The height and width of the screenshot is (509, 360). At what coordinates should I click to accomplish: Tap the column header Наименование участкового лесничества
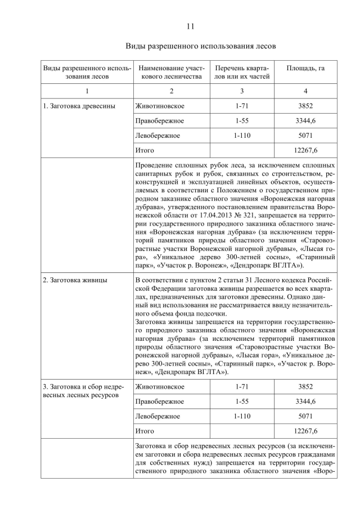coord(171,72)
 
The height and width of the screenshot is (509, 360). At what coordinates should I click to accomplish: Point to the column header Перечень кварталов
coord(242,72)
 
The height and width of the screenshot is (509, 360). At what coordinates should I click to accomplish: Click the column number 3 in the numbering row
coord(242,91)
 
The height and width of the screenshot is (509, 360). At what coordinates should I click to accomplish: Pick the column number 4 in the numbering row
coord(305,91)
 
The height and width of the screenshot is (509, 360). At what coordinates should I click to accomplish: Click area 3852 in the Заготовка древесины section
coord(305,106)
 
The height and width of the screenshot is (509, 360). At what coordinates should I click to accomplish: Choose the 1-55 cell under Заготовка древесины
coord(242,120)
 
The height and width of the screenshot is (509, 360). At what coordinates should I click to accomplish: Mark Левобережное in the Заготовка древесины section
coord(157,136)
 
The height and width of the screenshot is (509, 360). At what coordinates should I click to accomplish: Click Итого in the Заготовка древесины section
coord(145,150)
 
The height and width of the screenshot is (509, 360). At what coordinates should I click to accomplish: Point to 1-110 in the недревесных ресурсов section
coord(242,416)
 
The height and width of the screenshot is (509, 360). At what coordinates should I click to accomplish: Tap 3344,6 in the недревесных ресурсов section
coord(305,402)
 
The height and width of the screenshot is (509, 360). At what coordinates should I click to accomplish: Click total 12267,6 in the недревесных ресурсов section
coord(305,431)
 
